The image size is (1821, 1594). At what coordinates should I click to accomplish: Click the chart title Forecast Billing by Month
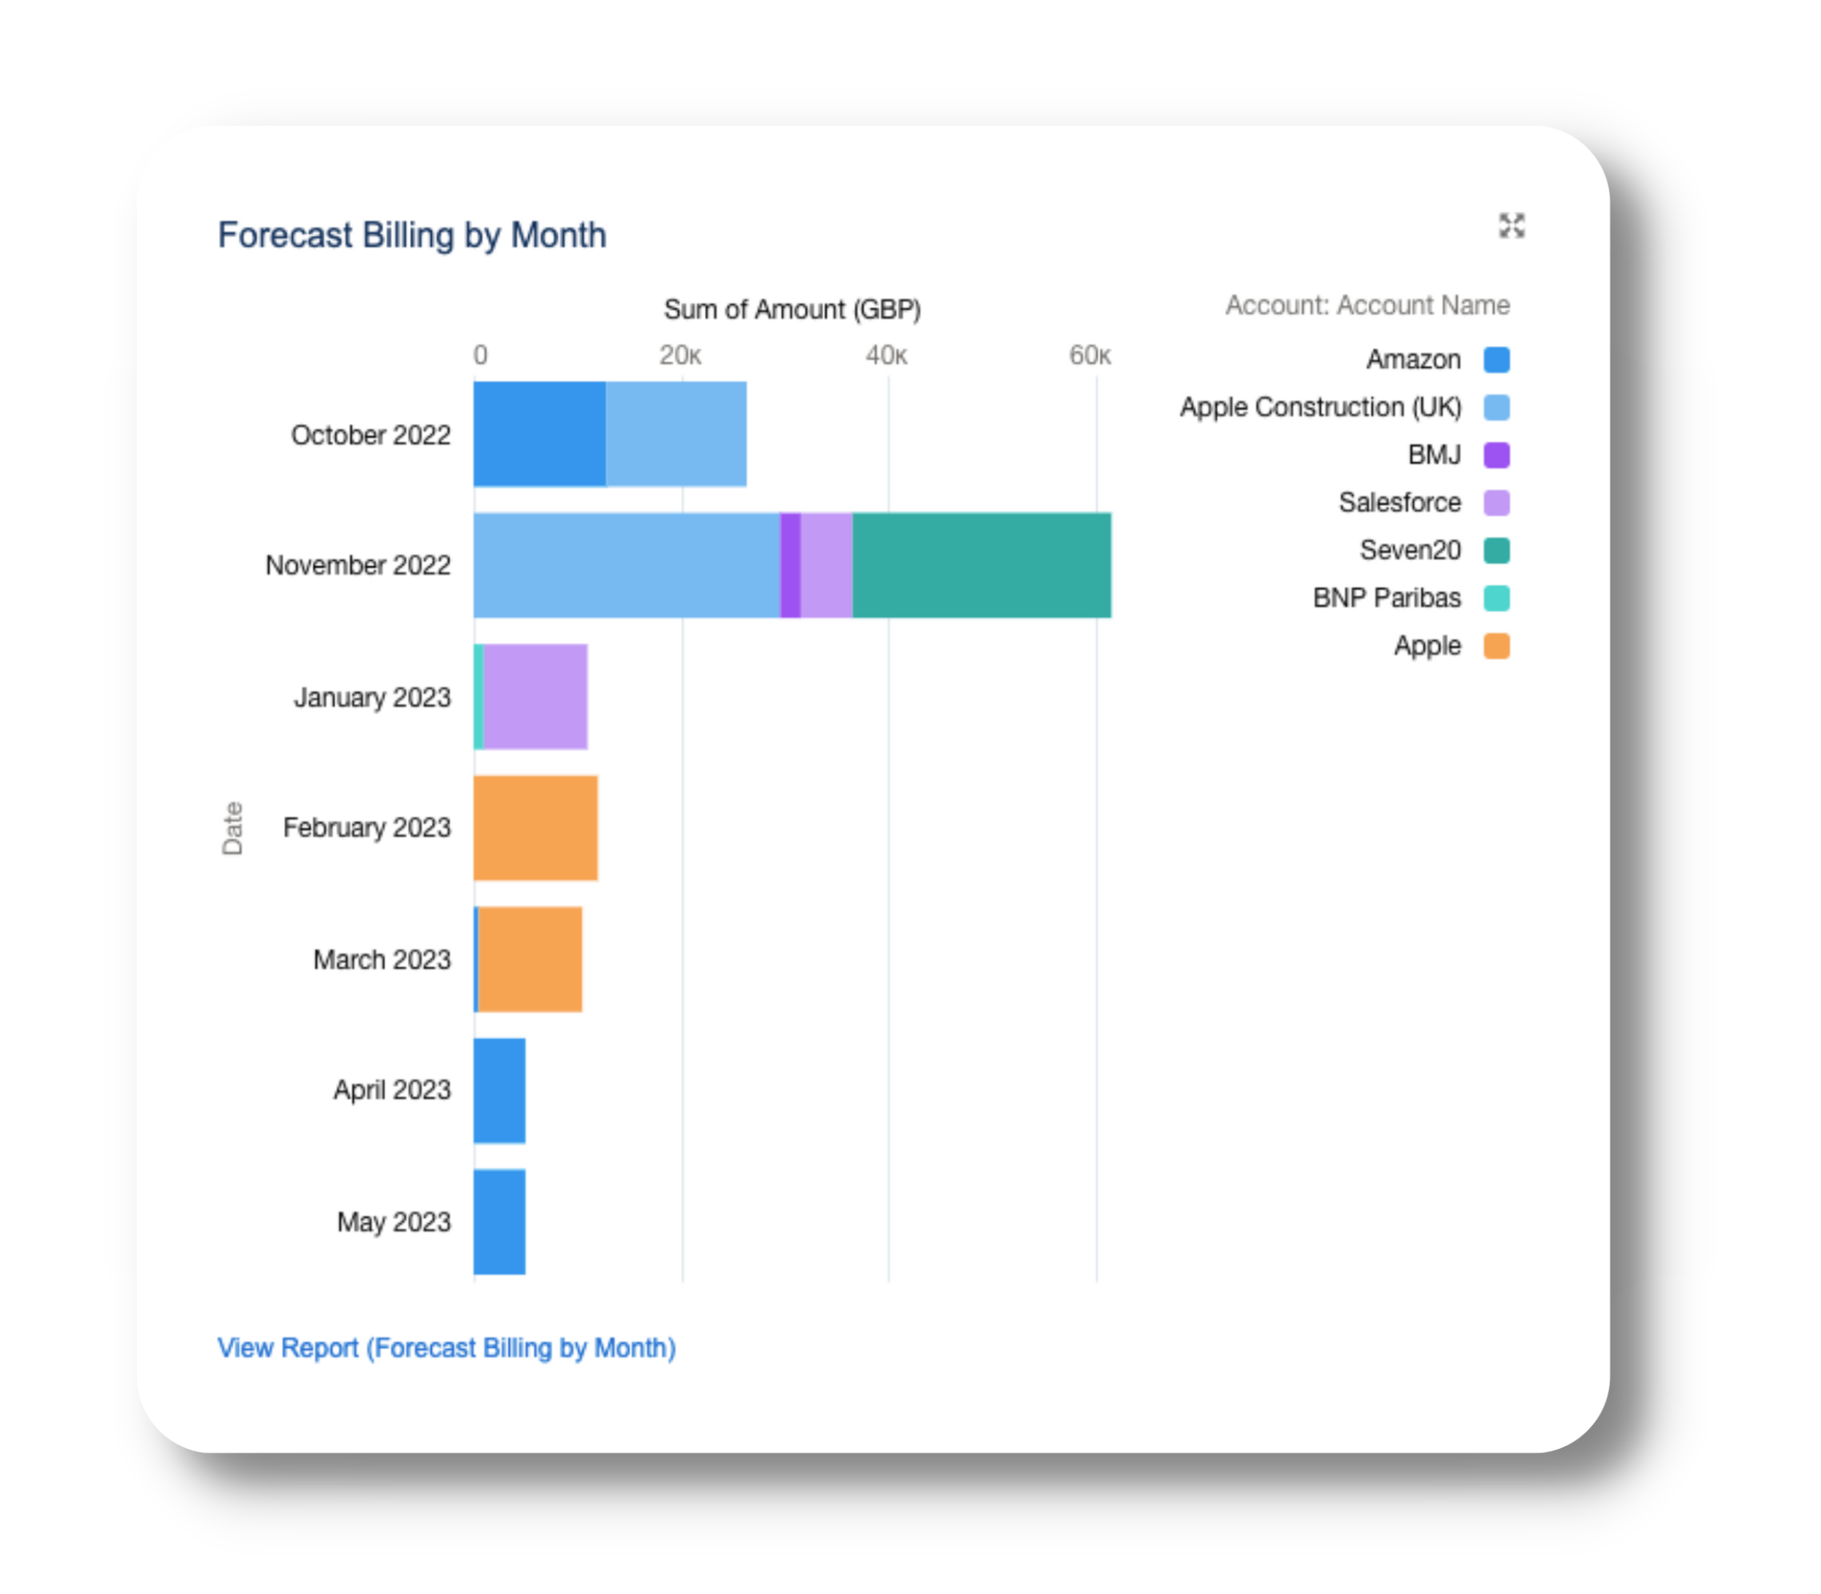coord(412,236)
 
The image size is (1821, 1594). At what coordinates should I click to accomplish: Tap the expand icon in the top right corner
coord(1511,226)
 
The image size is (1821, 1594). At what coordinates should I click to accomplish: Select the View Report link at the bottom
coord(447,1348)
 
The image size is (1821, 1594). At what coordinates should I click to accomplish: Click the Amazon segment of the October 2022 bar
coord(539,434)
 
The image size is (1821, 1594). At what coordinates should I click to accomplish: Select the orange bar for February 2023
coord(535,828)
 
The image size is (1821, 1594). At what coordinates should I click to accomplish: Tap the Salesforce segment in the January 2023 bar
coord(535,696)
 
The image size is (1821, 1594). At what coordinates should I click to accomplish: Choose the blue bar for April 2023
coord(499,1091)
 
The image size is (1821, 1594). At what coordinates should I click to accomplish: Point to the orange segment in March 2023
coord(530,959)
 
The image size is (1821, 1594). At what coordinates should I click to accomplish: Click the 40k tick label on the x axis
coord(886,356)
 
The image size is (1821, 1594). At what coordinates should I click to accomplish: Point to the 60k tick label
coord(1090,356)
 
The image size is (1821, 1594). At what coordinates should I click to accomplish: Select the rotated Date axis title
coord(232,828)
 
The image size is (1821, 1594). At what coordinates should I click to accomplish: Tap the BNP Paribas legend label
coord(1386,597)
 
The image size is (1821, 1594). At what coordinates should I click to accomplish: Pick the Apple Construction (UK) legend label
coord(1321,407)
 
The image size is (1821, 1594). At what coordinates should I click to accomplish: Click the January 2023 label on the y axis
coord(372,697)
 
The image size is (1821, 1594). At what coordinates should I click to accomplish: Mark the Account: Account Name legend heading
coord(1367,305)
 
